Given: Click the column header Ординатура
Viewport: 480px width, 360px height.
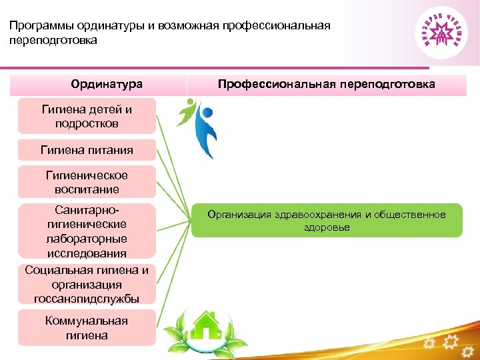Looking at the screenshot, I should point(107,85).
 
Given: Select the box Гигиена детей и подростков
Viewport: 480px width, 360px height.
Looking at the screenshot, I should point(87,116).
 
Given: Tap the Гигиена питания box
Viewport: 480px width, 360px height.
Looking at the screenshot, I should point(87,150).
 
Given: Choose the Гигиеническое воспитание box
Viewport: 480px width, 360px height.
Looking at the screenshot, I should point(87,183).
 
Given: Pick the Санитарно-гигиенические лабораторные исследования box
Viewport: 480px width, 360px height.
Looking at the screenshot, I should point(87,231).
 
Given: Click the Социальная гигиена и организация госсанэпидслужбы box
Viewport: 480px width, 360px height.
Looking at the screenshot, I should point(87,284).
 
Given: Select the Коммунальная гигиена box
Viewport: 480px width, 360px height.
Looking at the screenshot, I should point(87,328).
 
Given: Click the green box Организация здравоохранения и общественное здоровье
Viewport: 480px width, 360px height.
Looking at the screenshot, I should point(327,221).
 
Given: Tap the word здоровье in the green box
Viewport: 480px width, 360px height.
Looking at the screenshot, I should point(327,227).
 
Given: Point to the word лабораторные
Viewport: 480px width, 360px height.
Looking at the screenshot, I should point(87,239).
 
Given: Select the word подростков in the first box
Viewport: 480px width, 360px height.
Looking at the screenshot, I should point(87,123).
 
